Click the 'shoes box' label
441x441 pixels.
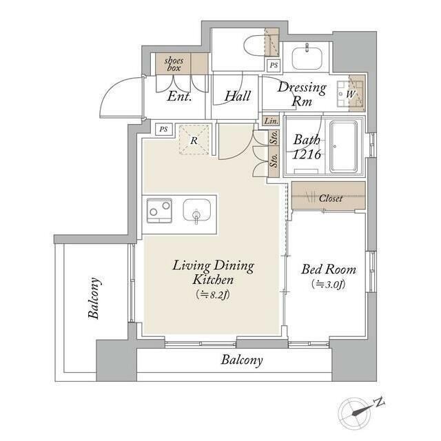(174, 64)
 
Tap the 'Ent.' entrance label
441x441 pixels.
(179, 96)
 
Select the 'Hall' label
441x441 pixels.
(237, 96)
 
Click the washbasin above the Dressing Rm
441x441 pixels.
(307, 58)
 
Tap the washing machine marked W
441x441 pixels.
(351, 94)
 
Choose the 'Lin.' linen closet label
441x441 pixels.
(271, 121)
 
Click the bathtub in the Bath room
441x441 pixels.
(343, 147)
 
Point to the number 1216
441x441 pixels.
(307, 154)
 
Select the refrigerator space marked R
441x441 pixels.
(194, 140)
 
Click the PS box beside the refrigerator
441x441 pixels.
(163, 130)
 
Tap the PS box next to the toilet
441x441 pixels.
(274, 65)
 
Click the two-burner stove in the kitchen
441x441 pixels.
(159, 211)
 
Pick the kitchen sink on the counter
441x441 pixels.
(196, 211)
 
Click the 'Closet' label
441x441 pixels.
(331, 198)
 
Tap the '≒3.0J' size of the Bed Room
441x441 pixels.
(329, 285)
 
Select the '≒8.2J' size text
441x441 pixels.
(213, 295)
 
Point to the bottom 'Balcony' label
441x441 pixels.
(242, 360)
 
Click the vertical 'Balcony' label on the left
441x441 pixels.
(94, 298)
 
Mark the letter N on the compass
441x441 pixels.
(380, 402)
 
